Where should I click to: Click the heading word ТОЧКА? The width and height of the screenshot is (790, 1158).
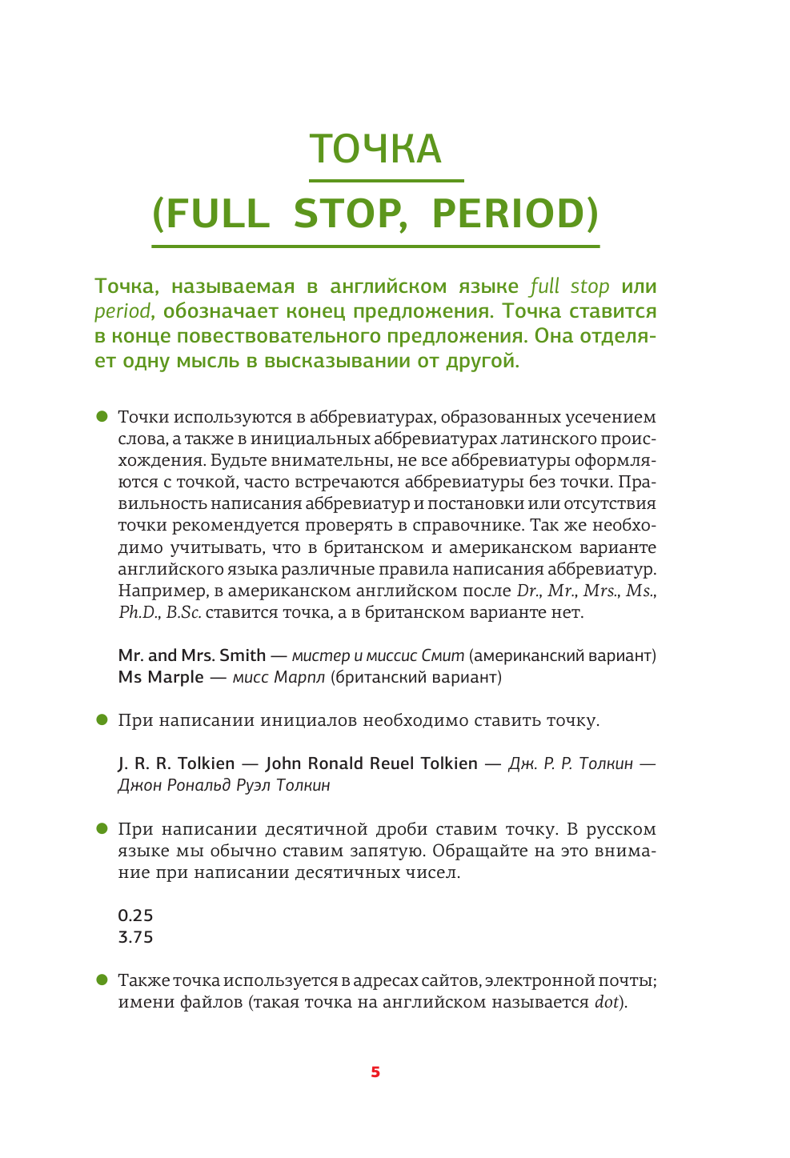[x=375, y=149]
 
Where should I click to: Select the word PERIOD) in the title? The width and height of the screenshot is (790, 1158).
[x=515, y=213]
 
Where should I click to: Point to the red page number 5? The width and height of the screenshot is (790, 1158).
[x=375, y=1072]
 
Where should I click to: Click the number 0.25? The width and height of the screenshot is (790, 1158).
[x=135, y=916]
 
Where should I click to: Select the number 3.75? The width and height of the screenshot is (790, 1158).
[x=135, y=937]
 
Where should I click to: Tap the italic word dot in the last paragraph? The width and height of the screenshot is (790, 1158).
[x=606, y=1002]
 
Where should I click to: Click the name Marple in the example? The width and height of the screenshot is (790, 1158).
[x=175, y=677]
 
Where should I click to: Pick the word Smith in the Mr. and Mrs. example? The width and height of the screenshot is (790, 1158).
[x=242, y=655]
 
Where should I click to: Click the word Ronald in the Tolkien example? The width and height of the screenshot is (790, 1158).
[x=335, y=763]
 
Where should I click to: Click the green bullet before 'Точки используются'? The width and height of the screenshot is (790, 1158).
[x=102, y=416]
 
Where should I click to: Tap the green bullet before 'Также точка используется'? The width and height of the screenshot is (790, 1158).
[x=102, y=980]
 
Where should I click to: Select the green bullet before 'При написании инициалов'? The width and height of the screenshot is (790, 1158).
[x=102, y=719]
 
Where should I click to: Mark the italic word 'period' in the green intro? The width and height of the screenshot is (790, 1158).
[x=122, y=311]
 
